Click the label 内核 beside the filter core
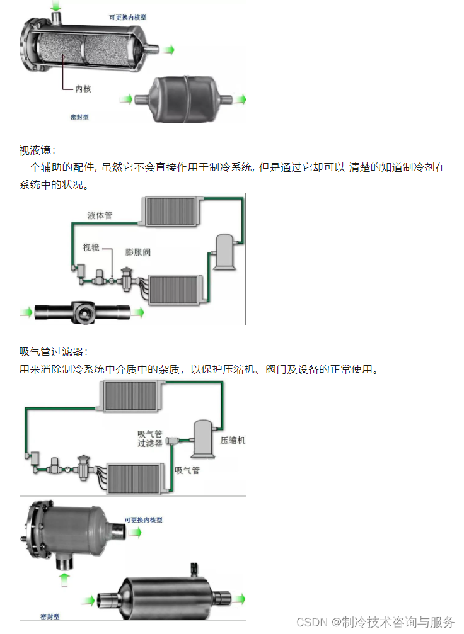tap(83, 89)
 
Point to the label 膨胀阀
tap(138, 252)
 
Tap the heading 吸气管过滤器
tap(54, 351)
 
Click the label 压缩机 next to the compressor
tap(233, 440)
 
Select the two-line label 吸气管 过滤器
tap(151, 438)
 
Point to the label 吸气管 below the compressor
tap(187, 470)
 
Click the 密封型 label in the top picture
tap(79, 116)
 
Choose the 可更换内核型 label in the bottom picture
tap(144, 520)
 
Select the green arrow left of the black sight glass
tap(26, 311)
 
